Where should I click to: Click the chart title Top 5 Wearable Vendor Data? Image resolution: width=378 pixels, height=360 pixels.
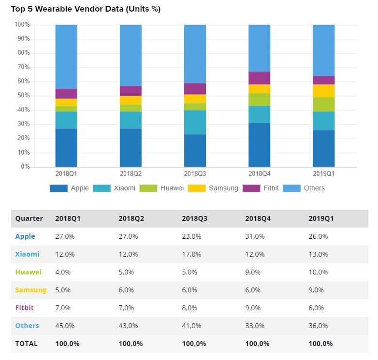click(x=86, y=9)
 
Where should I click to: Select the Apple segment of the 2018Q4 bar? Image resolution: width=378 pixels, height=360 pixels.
click(x=259, y=144)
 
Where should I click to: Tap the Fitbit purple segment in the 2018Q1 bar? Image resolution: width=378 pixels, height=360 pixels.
click(x=66, y=94)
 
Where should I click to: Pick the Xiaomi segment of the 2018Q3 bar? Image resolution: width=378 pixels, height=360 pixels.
click(x=195, y=122)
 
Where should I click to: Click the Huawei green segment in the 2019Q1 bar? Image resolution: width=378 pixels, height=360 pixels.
click(x=323, y=104)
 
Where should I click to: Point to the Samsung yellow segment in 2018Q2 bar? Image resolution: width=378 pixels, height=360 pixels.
click(x=131, y=100)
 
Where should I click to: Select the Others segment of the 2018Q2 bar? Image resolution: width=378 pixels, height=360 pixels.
click(x=131, y=55)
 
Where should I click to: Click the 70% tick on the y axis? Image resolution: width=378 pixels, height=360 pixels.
click(x=22, y=67)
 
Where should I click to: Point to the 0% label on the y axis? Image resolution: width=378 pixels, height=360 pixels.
click(x=24, y=167)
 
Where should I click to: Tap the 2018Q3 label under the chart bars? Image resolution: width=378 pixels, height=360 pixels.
click(x=195, y=173)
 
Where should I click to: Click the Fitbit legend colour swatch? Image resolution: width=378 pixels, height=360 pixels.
click(x=251, y=188)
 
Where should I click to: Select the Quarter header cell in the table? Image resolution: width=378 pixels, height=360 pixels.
click(x=29, y=218)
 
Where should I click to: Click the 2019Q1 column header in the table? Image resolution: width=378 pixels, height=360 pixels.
click(x=321, y=218)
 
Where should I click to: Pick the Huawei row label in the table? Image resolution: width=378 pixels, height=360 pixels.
click(x=28, y=272)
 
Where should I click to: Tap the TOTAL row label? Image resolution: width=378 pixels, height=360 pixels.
click(x=26, y=344)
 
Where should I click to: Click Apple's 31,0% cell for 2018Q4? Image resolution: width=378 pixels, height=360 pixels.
click(x=255, y=236)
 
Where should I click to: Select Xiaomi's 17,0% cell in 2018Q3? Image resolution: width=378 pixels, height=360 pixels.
click(x=191, y=254)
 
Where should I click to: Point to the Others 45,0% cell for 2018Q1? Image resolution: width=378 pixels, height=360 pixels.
click(x=65, y=326)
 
